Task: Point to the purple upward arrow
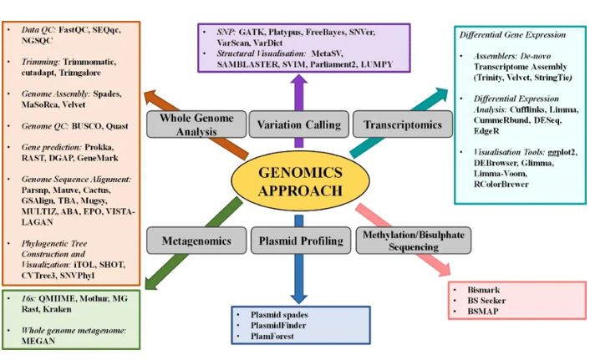click(x=299, y=88)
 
